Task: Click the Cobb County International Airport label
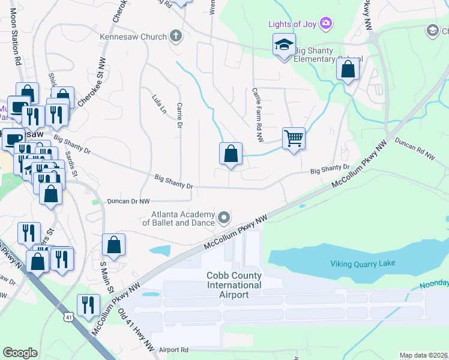[234, 285]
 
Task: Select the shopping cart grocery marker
[294, 139]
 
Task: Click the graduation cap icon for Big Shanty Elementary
[285, 44]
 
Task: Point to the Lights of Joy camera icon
[326, 23]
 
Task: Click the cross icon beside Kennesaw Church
[175, 37]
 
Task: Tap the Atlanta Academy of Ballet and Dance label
[182, 218]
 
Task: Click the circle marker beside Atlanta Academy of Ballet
[224, 217]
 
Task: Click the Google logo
[20, 353]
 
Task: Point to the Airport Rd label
[173, 349]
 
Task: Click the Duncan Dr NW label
[128, 202]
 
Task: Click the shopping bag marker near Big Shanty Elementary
[348, 70]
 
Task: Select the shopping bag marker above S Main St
[113, 245]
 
